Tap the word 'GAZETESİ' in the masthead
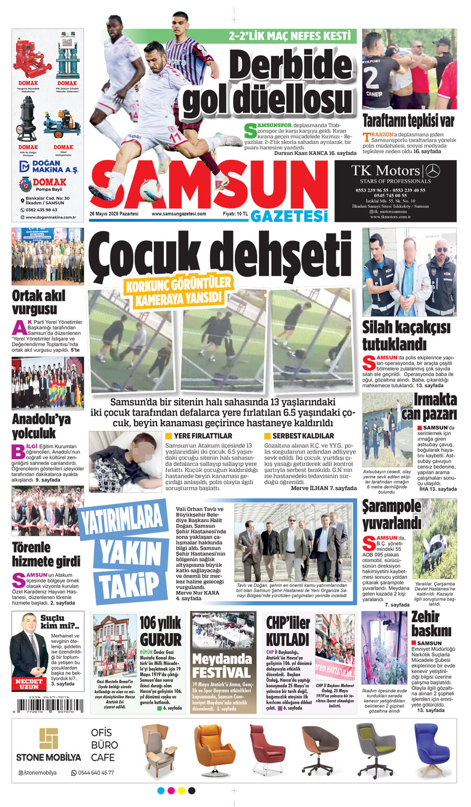click(x=289, y=216)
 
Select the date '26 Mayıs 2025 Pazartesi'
click(x=114, y=214)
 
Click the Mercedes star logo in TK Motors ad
click(x=432, y=170)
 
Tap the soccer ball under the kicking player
click(x=151, y=191)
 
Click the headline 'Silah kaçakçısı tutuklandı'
click(x=406, y=335)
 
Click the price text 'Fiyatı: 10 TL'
click(x=235, y=214)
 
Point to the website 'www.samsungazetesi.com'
click(x=178, y=214)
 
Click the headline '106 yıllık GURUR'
click(x=160, y=631)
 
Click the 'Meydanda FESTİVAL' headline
click(x=222, y=666)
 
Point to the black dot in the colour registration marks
click(x=192, y=790)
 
